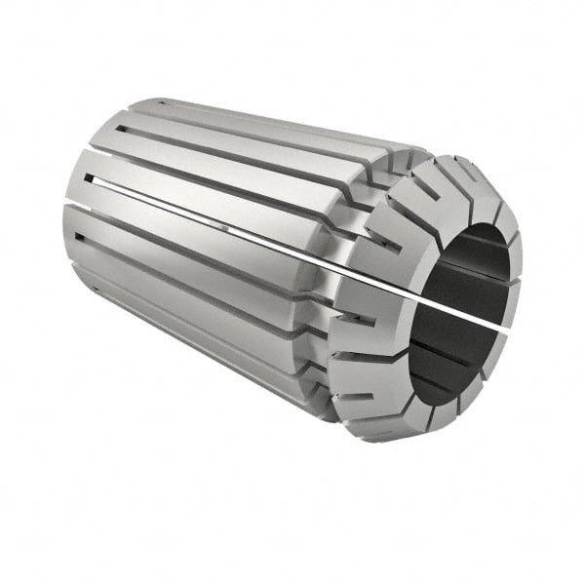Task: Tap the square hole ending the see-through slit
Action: [x=91, y=178]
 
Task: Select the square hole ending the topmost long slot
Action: [x=121, y=128]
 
